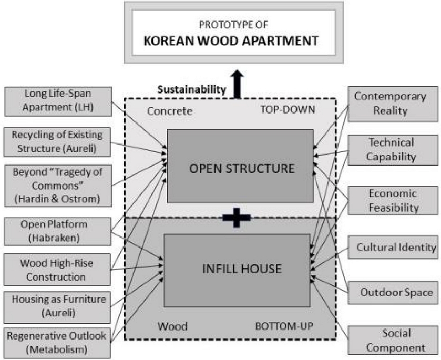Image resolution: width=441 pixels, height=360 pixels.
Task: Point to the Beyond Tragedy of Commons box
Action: coord(58,186)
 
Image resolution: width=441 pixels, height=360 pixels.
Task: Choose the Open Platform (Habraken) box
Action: coord(58,231)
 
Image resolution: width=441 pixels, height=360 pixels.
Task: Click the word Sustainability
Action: coord(191,89)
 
